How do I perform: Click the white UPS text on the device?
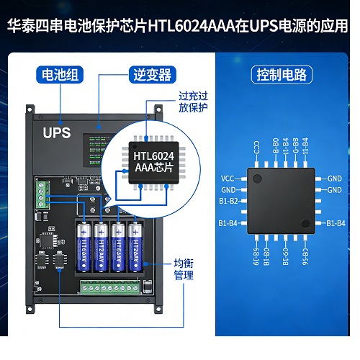[x=57, y=132]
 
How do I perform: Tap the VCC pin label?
[x=228, y=178]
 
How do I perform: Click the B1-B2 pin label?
[x=230, y=201]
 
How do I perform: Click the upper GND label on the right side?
[x=334, y=178]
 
